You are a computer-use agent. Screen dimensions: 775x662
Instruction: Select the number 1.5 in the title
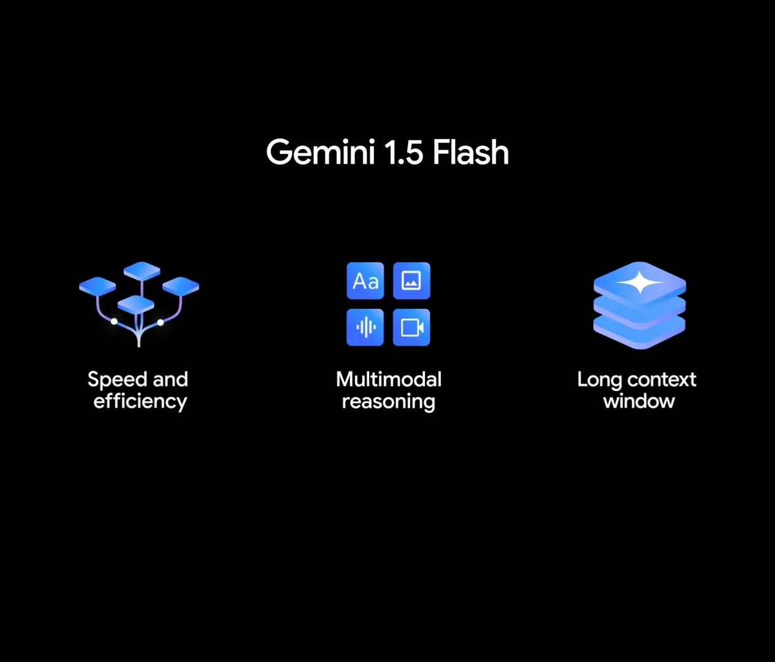[404, 152]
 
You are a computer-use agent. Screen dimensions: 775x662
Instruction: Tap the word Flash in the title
[471, 151]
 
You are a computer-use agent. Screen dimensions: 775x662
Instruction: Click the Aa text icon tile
[365, 281]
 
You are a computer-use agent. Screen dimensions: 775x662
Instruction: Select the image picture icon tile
[411, 281]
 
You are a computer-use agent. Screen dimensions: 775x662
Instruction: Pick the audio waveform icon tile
[365, 327]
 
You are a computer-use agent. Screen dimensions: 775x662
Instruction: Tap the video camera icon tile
[411, 327]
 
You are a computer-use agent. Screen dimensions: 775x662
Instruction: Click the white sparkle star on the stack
[640, 282]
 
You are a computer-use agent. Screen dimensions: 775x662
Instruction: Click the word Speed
[117, 380]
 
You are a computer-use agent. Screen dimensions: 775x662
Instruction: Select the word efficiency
[140, 401]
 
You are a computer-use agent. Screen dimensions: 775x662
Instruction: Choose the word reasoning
[389, 402]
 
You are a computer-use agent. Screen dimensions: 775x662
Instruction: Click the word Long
[599, 380]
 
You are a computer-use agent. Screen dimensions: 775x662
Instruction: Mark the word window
[639, 401]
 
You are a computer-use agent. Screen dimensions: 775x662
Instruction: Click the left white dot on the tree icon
[114, 321]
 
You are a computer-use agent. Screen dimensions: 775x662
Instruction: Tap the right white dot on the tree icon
[161, 322]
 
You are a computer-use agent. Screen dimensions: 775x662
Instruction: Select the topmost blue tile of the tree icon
[142, 271]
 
